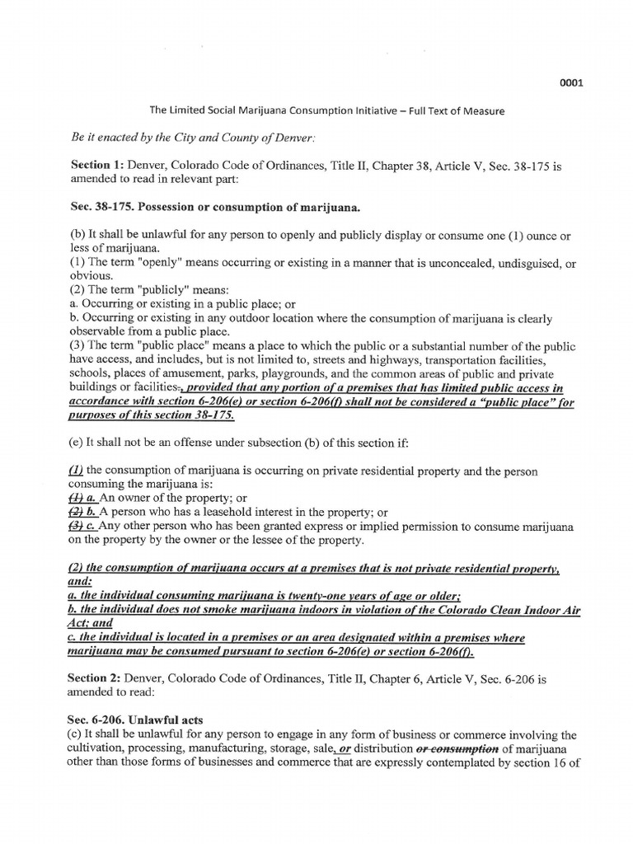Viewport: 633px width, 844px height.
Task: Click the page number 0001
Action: [572, 82]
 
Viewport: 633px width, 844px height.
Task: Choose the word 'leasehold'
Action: [228, 513]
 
